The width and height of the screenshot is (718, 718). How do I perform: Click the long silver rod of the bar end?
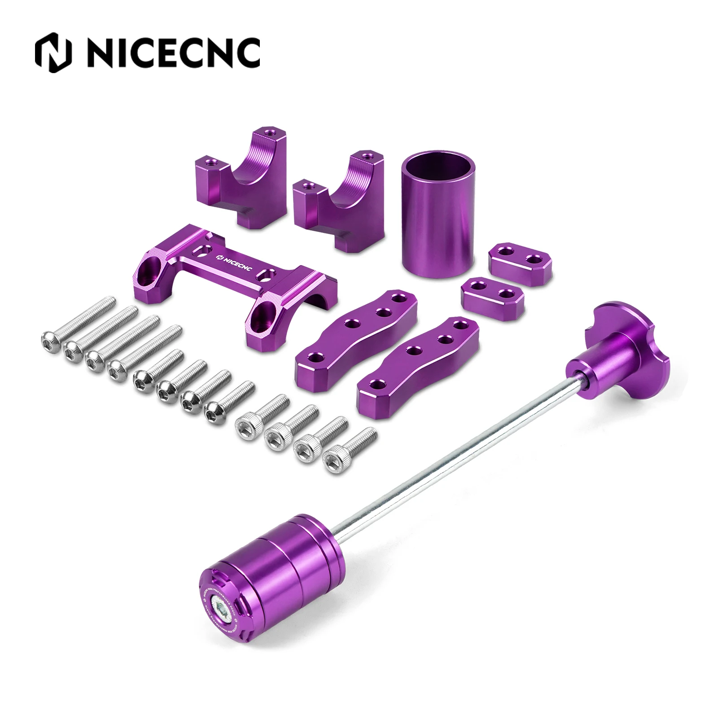point(449,449)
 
